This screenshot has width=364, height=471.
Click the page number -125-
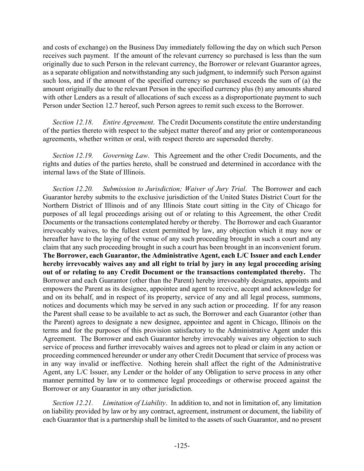[182, 446]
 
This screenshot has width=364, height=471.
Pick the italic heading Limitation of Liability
[135, 403]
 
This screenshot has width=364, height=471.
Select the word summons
[309, 297]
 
